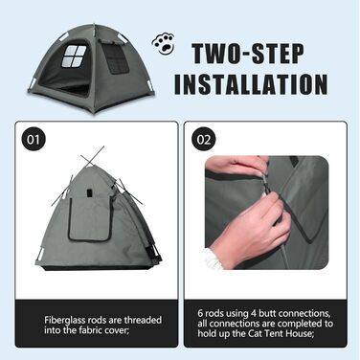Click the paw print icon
coord(164,43)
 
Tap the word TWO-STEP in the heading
coord(248,55)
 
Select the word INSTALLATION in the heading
coord(251,84)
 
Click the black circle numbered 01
coord(34,140)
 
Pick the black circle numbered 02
coord(204,140)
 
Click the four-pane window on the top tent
coord(74,56)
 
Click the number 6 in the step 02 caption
coord(200,313)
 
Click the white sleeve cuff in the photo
coord(214,259)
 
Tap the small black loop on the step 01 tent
coord(89,193)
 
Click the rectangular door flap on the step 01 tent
coord(90,218)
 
